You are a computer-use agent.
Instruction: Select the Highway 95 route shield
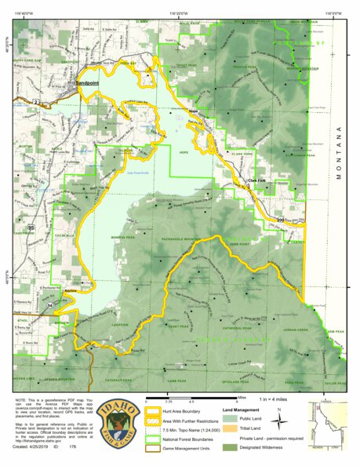click(x=31, y=228)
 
